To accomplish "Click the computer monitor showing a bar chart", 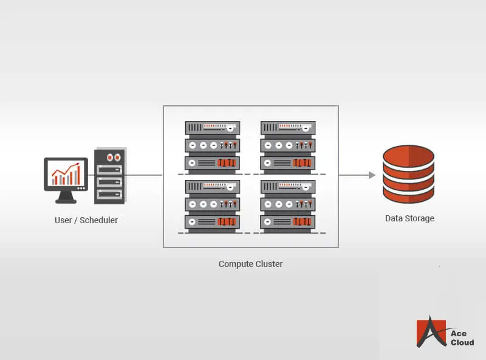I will coord(66,175).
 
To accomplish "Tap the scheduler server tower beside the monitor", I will coord(110,176).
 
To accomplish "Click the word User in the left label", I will coord(63,220).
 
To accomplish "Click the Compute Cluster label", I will coord(250,264).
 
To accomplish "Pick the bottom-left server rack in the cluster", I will coord(212,205).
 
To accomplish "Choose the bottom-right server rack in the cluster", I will coord(288,205).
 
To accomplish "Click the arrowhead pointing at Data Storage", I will coord(372,175).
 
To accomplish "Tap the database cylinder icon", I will coord(408,174).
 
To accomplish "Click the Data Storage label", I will coord(409,218).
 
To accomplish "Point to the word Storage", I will coord(420,218).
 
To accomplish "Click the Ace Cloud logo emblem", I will coord(431,332).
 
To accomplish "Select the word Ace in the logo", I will coord(459,334).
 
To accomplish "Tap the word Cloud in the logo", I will coord(462,342).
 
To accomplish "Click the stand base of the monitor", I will coord(66,200).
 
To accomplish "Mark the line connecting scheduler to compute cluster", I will coord(144,175).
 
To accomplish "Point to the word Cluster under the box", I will coord(268,264).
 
